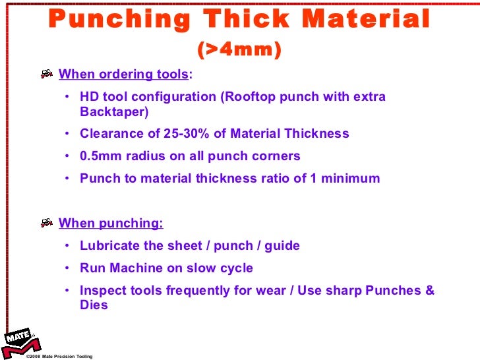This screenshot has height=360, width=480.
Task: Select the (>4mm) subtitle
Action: point(239,50)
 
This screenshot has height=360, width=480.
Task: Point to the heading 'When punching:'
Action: point(111,223)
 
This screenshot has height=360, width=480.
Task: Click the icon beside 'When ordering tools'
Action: point(47,74)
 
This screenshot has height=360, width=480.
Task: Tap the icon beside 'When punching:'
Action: point(47,223)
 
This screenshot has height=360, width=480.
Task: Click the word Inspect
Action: point(104,291)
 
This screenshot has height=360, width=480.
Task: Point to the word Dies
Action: point(94,305)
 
